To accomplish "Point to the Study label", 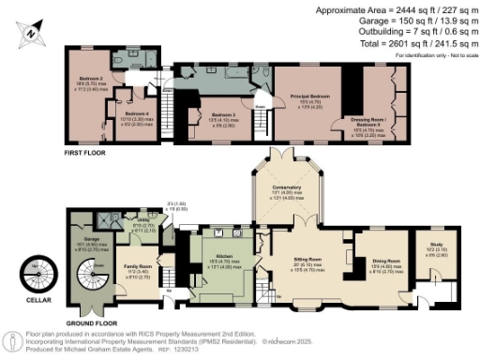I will (436, 247).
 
